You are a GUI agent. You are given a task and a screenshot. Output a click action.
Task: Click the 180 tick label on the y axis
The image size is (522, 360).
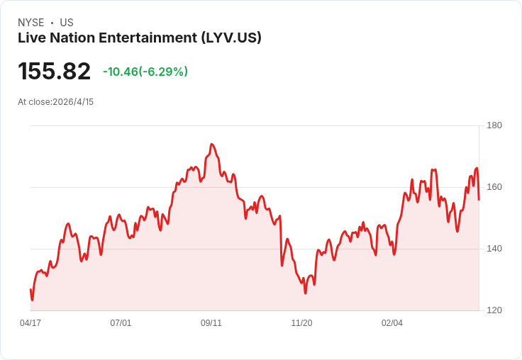[x=494, y=125]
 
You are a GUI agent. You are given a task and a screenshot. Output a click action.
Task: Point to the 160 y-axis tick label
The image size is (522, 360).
[x=494, y=187]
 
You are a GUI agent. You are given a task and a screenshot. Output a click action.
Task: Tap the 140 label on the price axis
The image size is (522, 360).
[x=494, y=249]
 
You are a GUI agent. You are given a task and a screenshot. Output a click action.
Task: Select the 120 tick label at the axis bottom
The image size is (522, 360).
[x=494, y=310]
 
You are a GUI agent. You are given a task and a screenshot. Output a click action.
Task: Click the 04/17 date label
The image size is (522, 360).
[x=30, y=323]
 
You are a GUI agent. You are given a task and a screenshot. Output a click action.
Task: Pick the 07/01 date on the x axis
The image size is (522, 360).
[x=121, y=323]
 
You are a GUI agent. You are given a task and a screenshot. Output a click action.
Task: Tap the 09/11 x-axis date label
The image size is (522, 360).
[x=211, y=323]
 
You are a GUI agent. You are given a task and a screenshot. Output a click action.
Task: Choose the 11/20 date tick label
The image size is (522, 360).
[x=301, y=323]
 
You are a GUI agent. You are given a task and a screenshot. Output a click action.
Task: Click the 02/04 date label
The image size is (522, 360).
[x=392, y=323]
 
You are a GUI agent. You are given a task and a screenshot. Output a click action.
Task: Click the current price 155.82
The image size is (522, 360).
[x=55, y=72]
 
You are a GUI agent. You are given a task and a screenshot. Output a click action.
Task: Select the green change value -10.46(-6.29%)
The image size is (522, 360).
[x=145, y=72]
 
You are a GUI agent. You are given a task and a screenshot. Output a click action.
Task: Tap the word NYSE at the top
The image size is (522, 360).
[x=30, y=23]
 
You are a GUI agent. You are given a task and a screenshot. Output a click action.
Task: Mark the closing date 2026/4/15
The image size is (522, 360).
[x=73, y=102]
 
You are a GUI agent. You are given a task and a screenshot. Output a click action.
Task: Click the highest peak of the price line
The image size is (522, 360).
[x=211, y=144]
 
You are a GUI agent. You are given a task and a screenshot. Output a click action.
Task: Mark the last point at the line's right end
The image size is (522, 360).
[x=479, y=199]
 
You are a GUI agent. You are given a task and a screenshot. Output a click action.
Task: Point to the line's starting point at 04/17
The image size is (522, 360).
[x=30, y=289]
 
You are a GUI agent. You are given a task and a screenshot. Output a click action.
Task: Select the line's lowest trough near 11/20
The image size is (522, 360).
[x=305, y=293]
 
